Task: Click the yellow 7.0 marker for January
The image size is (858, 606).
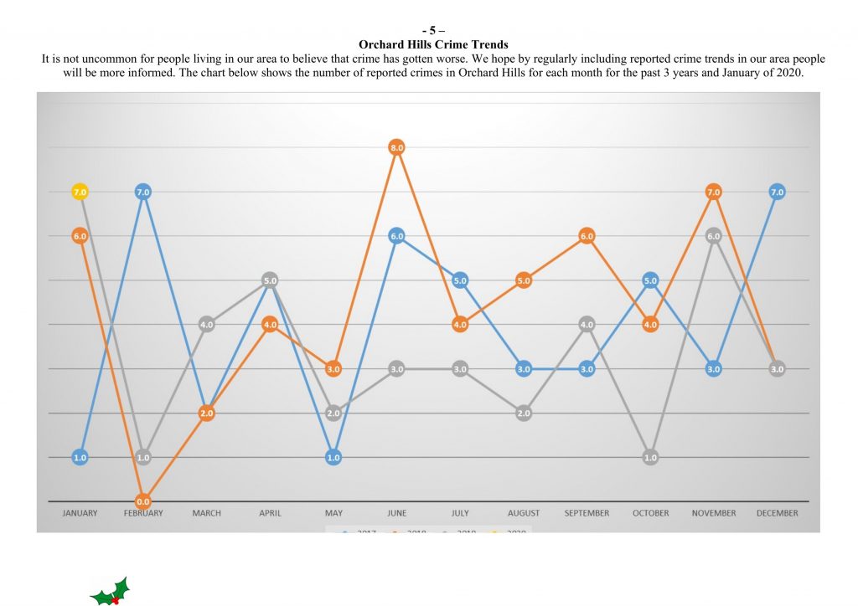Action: (x=80, y=192)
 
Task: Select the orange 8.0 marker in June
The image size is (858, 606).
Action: (x=396, y=147)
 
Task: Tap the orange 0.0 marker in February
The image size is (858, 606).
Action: (x=143, y=501)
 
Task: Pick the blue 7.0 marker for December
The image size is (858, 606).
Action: (x=777, y=192)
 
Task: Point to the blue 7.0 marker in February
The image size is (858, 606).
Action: (x=143, y=192)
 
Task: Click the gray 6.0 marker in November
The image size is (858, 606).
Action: (x=713, y=236)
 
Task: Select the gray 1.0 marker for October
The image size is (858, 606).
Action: (x=650, y=457)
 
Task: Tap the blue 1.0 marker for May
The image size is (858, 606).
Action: (x=333, y=457)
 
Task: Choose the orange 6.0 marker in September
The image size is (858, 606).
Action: (x=587, y=236)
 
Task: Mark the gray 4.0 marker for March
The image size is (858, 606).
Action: (x=207, y=324)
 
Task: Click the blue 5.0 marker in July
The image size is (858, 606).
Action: (x=460, y=280)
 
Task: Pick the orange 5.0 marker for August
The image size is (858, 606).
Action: (x=524, y=280)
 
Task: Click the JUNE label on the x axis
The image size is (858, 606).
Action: (x=396, y=513)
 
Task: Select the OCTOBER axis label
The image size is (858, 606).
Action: (x=650, y=513)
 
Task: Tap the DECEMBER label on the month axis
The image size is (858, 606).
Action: (x=777, y=513)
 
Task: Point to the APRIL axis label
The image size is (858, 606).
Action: (x=270, y=513)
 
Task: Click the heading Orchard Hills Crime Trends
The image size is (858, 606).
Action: (x=433, y=44)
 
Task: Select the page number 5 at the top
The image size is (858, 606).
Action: (x=432, y=31)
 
